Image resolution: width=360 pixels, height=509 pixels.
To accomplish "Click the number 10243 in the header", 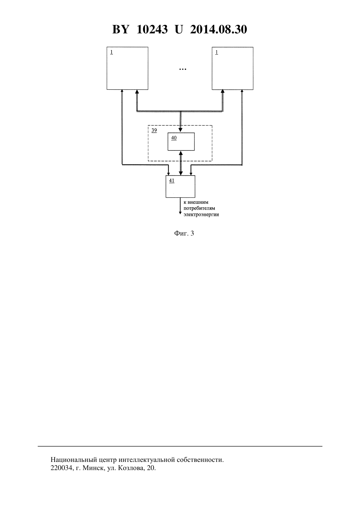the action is [152, 29].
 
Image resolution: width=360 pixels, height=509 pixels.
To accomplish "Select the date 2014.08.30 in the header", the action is [218, 29].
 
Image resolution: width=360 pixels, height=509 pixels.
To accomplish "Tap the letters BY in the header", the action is [121, 29].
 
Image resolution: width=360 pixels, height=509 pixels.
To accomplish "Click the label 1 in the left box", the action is [111, 52].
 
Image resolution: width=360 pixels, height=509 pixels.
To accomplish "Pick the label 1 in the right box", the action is [217, 52].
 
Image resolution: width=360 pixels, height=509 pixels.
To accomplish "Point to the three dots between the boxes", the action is [183, 69].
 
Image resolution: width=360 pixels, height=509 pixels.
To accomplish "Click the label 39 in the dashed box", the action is [154, 131].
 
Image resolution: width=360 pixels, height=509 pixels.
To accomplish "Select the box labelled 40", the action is [181, 142].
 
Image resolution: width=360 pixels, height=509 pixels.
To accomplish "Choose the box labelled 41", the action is [180, 186].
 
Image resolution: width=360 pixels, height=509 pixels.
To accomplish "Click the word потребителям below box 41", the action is [199, 208].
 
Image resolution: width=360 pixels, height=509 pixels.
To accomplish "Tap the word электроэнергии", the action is [201, 215].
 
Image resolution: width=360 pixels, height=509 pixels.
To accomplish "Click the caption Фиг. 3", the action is [184, 233].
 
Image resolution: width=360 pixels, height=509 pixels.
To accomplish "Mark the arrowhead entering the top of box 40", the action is [180, 130].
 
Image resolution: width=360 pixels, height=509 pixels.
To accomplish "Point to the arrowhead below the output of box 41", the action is [180, 213].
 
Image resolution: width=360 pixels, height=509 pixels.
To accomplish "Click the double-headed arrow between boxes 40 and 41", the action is [181, 163].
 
